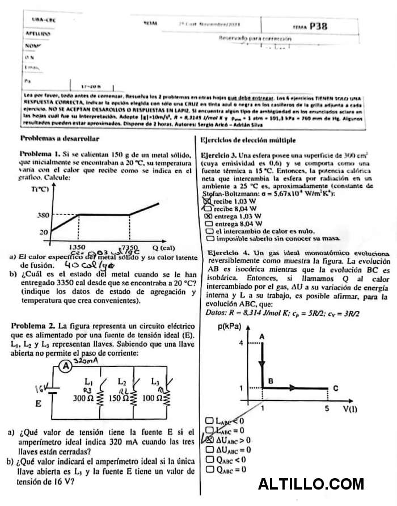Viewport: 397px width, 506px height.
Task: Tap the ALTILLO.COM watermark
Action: coord(310,484)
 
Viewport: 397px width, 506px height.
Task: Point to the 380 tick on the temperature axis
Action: coord(28,215)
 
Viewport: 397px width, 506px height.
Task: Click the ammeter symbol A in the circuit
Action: coord(67,367)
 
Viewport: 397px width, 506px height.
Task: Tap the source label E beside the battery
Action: coord(38,405)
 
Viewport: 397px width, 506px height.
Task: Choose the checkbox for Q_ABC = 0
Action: coord(208,469)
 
